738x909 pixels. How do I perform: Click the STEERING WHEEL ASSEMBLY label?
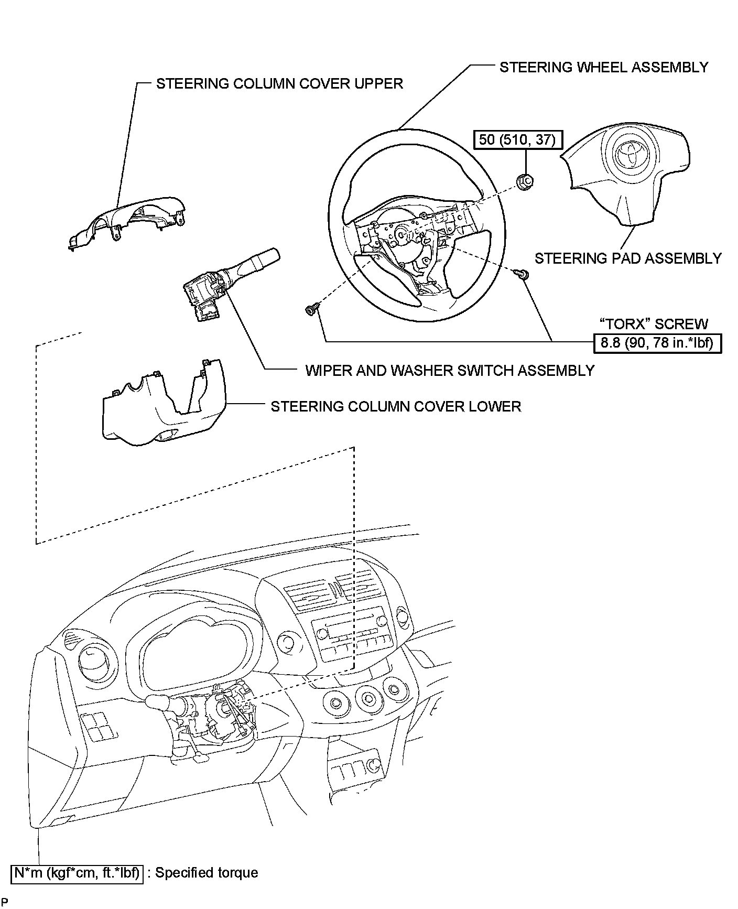tap(603, 67)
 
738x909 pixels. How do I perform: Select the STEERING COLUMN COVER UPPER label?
tap(279, 83)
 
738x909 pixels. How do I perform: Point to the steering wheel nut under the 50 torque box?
tap(525, 181)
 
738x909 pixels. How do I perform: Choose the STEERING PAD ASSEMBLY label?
tap(628, 258)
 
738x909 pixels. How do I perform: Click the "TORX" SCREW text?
tap(653, 324)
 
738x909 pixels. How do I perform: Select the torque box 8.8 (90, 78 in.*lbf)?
tap(657, 343)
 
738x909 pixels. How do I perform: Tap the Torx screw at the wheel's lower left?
tap(310, 310)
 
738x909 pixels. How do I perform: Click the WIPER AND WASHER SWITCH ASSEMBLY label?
tap(450, 371)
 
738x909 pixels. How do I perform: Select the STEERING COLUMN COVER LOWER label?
tap(396, 406)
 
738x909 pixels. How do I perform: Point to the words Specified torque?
tap(207, 872)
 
